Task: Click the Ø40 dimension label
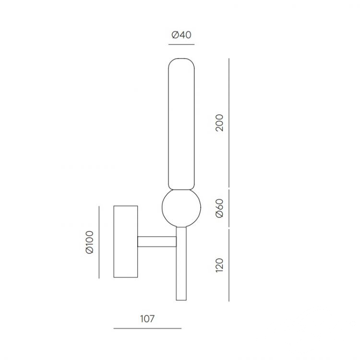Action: (181, 35)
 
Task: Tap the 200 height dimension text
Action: (219, 122)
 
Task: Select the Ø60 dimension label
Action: (219, 208)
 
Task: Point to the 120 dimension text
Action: (219, 265)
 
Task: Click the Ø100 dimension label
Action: (90, 242)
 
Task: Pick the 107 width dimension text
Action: (147, 319)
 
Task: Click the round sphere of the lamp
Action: (181, 208)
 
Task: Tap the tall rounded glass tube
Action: (181, 124)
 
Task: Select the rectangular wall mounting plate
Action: (126, 241)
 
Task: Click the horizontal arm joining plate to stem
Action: (157, 241)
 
